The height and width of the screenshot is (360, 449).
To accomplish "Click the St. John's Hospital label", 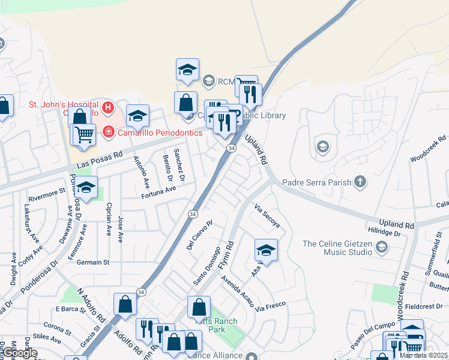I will [x=64, y=105].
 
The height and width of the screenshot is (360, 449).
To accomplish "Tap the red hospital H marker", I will [x=108, y=108].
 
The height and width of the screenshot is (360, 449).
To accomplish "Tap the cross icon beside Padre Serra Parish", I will [x=360, y=182].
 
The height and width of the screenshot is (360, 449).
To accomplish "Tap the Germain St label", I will [x=93, y=262].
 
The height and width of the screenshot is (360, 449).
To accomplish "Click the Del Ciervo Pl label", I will [x=200, y=236].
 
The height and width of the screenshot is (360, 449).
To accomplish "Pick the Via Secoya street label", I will [x=267, y=217].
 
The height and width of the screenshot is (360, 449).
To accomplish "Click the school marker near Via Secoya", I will [x=266, y=250].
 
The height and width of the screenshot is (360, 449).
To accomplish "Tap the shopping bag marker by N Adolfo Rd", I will [x=125, y=304].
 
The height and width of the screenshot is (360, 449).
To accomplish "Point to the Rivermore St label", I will [x=46, y=193].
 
